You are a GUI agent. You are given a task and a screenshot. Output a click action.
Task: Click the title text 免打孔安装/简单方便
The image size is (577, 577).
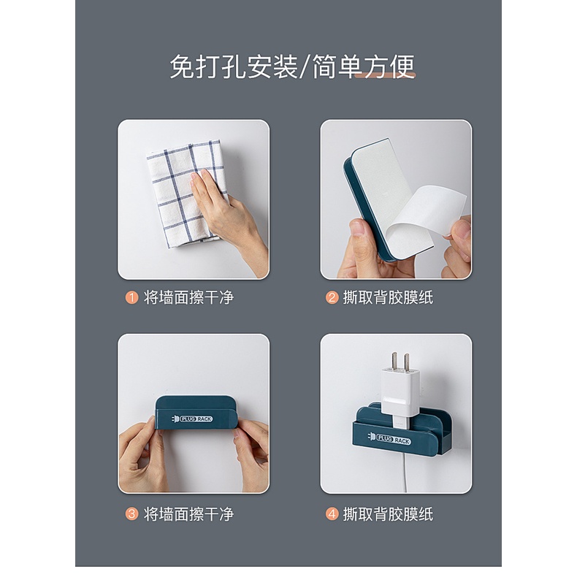(x=292, y=67)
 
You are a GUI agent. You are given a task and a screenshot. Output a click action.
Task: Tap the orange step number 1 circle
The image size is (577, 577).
(x=131, y=298)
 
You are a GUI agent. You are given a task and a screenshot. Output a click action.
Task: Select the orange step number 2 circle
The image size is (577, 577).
(x=332, y=298)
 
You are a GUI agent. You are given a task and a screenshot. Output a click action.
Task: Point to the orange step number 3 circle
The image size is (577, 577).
(x=131, y=514)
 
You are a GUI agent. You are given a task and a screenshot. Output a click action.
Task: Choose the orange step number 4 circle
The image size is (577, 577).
(x=332, y=514)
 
